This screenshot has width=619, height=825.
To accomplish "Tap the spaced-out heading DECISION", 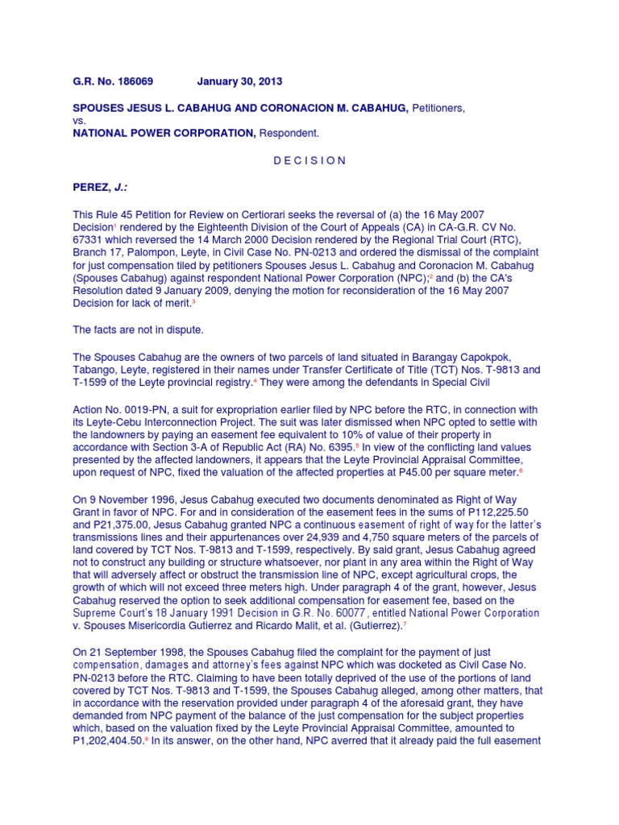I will [x=309, y=160].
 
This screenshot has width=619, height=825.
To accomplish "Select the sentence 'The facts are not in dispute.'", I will [x=138, y=330].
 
